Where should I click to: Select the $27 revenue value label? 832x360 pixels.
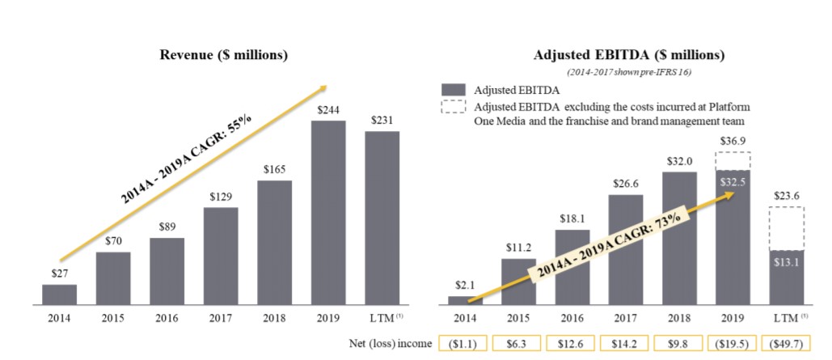click(60, 274)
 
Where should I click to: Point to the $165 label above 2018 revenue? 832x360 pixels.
click(275, 170)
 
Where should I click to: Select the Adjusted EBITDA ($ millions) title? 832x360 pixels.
click(629, 55)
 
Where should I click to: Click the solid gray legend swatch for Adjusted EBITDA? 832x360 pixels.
click(454, 90)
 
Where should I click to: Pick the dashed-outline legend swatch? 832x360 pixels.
click(454, 110)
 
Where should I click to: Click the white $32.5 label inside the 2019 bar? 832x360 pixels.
click(733, 182)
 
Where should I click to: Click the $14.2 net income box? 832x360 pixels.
click(626, 344)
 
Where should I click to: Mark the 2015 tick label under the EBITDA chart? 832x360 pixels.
click(518, 317)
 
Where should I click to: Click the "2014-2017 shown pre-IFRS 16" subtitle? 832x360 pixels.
click(629, 73)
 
